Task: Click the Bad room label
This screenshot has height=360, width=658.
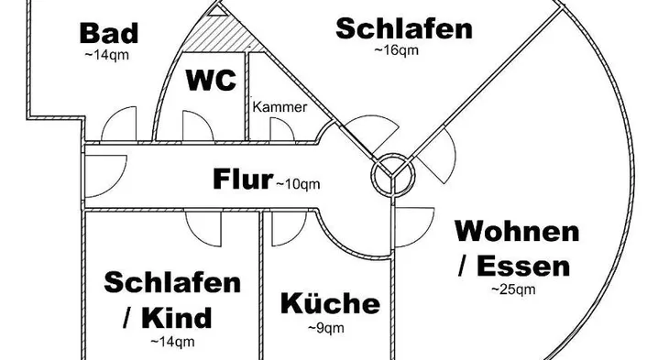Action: [109, 33]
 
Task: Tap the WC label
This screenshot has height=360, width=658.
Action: [211, 80]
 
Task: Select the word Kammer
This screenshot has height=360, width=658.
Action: [280, 107]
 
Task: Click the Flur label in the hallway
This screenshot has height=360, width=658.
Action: [243, 180]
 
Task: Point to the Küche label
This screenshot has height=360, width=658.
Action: [330, 303]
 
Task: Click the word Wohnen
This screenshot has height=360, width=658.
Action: [518, 231]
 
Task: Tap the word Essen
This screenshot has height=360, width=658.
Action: [523, 266]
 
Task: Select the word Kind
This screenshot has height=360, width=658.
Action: [177, 318]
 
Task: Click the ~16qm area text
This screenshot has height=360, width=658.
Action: [397, 50]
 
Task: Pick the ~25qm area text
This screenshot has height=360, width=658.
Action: [513, 289]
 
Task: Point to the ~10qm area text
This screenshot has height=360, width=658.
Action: [298, 184]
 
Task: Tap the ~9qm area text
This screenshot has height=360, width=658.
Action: [326, 328]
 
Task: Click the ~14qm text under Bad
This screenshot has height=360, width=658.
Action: [107, 55]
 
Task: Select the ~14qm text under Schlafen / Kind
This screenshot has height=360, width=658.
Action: [172, 342]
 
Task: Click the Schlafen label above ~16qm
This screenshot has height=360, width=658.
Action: [404, 28]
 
